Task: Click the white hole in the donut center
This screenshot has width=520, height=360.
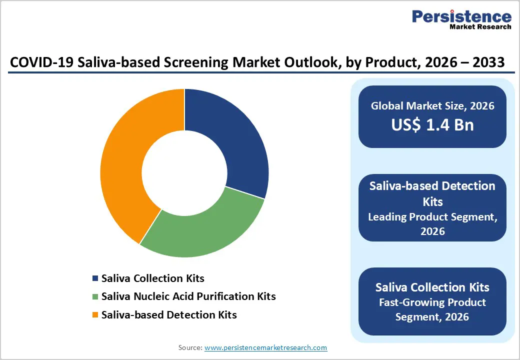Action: (184, 173)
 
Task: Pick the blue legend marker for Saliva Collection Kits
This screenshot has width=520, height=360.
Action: (95, 278)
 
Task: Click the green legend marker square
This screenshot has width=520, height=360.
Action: (95, 296)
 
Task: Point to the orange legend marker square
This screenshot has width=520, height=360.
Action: (95, 315)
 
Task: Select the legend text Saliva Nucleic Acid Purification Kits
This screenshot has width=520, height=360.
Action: (188, 296)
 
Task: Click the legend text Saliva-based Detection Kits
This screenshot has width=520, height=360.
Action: (169, 315)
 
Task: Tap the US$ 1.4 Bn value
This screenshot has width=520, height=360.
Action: (432, 125)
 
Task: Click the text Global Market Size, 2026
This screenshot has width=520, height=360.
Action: (432, 106)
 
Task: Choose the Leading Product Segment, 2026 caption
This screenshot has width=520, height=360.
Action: (432, 224)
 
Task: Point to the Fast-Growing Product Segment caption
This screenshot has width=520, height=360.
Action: (432, 309)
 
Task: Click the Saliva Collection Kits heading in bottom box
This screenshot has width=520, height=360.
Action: (432, 287)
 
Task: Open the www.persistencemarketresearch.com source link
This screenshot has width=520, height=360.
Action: (266, 347)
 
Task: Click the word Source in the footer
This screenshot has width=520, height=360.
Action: (190, 347)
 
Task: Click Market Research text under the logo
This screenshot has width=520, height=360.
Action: (480, 27)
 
